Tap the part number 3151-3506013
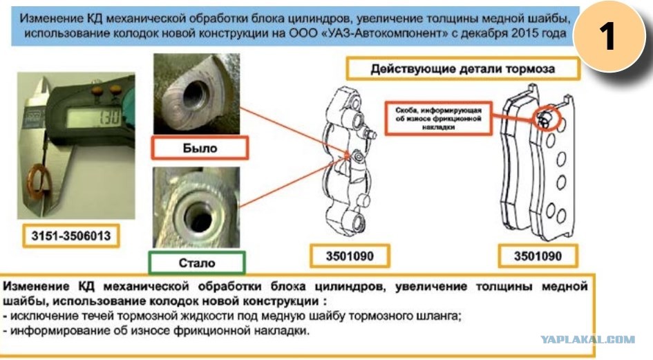pyautogui.click(x=71, y=236)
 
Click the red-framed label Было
pyautogui.click(x=200, y=147)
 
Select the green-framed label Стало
pyautogui.click(x=197, y=263)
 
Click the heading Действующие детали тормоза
pyautogui.click(x=463, y=68)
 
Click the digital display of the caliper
pyautogui.click(x=94, y=117)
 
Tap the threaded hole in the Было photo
pyautogui.click(x=196, y=94)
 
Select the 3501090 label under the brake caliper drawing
pyautogui.click(x=350, y=256)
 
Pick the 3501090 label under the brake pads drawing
pyautogui.click(x=538, y=256)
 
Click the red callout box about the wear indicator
pyautogui.click(x=439, y=119)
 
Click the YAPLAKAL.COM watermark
pyautogui.click(x=588, y=339)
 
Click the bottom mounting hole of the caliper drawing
pyautogui.click(x=357, y=223)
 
